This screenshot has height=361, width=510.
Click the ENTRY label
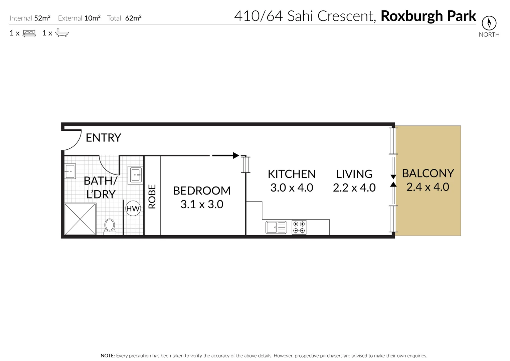pyautogui.click(x=103, y=138)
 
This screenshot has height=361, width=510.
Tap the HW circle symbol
pyautogui.click(x=133, y=209)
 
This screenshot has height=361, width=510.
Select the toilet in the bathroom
pyautogui.click(x=110, y=226)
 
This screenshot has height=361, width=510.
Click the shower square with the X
pyautogui.click(x=80, y=219)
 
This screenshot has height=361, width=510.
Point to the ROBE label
pyautogui.click(x=152, y=197)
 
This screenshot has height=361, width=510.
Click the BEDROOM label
pyautogui.click(x=202, y=191)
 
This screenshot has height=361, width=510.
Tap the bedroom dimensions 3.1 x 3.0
pyautogui.click(x=202, y=204)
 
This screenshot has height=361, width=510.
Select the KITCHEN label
pyautogui.click(x=292, y=174)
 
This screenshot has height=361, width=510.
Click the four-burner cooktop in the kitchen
pyautogui.click(x=299, y=227)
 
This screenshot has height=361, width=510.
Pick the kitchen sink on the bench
pyautogui.click(x=276, y=227)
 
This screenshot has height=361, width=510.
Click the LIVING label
pyautogui.click(x=354, y=174)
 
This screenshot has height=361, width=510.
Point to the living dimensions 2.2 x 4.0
pyautogui.click(x=354, y=188)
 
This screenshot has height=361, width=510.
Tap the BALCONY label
pyautogui.click(x=428, y=173)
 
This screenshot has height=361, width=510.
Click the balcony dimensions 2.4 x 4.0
pyautogui.click(x=428, y=187)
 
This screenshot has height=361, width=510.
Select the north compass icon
pyautogui.click(x=489, y=23)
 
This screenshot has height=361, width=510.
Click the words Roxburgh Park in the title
pyautogui.click(x=428, y=16)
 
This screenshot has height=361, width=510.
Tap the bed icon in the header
pyautogui.click(x=29, y=33)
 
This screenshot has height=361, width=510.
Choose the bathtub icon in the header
pyautogui.click(x=62, y=33)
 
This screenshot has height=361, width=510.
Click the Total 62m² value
pyautogui.click(x=133, y=18)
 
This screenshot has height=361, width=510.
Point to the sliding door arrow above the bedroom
pyautogui.click(x=226, y=155)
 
